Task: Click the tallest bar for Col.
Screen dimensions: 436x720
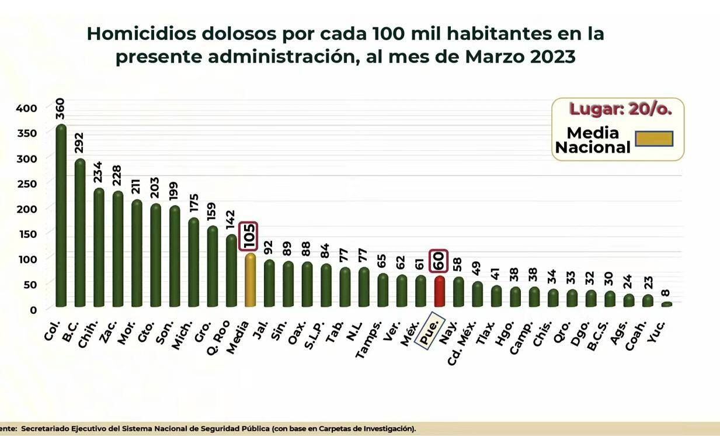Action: coord(61,216)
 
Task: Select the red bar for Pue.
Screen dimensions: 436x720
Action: coord(440,291)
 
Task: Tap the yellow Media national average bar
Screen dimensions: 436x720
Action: coord(250,280)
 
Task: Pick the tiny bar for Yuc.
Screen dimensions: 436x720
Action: coord(666,304)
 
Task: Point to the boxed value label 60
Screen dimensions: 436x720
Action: coord(439,261)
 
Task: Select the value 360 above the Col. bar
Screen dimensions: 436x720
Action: coord(60,109)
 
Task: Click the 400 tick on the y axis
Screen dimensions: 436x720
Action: coord(26,108)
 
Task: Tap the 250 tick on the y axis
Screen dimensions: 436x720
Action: coord(26,184)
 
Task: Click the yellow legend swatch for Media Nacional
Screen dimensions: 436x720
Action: coord(654,139)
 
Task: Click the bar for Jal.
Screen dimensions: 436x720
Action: coord(269,283)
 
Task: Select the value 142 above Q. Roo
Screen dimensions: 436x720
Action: coord(231,222)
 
